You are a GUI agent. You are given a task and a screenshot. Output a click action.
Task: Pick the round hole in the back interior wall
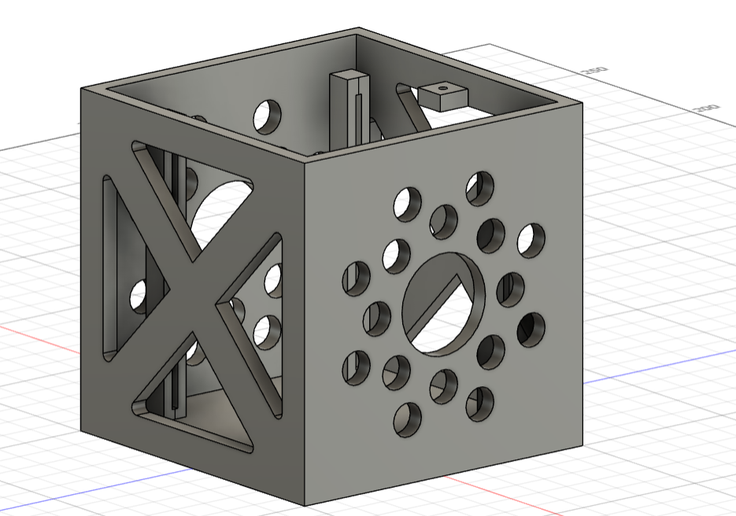point(267,116)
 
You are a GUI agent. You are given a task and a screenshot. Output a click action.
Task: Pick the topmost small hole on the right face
point(479,185)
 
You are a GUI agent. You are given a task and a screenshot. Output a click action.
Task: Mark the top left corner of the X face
point(82,90)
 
